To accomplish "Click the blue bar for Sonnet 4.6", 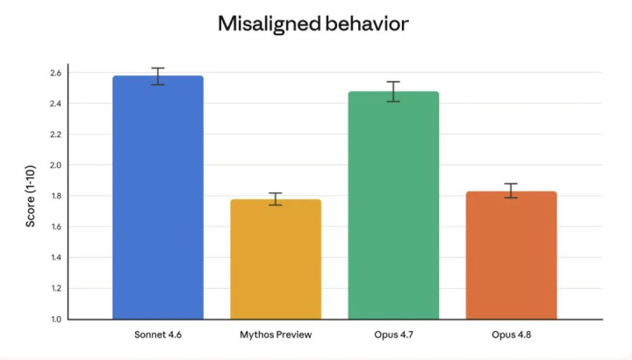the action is (158, 198).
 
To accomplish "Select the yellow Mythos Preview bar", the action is (276, 259).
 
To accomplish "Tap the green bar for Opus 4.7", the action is (393, 205).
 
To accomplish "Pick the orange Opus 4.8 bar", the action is (511, 256).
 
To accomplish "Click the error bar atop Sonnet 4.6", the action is (158, 76).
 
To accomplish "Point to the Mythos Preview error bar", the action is (276, 199).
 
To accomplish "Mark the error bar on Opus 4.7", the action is (393, 91).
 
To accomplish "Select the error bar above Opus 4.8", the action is (511, 191).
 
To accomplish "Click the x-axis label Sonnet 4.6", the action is (158, 335).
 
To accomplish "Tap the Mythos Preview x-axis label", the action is (276, 335).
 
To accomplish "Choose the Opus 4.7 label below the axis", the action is (393, 335).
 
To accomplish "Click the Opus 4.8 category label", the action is (511, 335).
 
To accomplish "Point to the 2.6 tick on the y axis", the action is (55, 73).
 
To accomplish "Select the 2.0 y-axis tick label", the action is (55, 165).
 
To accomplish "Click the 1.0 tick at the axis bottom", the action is (56, 320).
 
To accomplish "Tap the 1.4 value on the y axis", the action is (56, 257).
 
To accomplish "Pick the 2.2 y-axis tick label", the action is (55, 134).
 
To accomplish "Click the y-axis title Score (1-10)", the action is (31, 197).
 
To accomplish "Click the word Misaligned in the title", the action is (269, 25).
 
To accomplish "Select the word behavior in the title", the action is (367, 24).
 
